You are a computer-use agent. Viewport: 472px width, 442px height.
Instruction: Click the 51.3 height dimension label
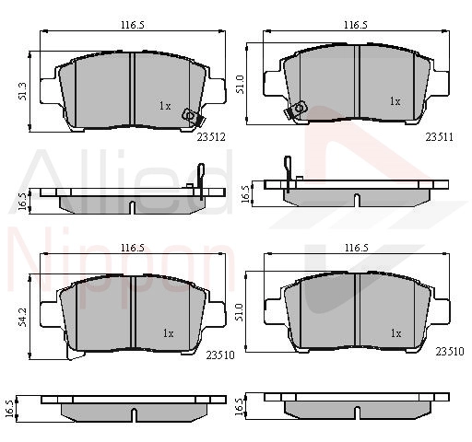click(22, 91)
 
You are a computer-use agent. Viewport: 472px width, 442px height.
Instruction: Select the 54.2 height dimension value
click(22, 317)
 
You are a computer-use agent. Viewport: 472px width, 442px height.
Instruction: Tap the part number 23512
click(211, 137)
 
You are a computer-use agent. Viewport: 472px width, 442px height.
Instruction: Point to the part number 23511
click(440, 137)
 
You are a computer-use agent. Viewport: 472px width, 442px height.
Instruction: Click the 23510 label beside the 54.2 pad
click(220, 355)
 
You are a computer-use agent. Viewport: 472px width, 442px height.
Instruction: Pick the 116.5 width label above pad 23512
click(133, 25)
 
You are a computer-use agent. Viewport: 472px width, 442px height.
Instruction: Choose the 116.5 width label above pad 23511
click(356, 25)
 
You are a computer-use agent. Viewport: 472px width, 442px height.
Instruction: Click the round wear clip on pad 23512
click(188, 115)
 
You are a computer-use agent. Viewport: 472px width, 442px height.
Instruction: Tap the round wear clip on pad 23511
click(299, 108)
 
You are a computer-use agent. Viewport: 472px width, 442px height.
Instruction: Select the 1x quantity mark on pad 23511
click(395, 100)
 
